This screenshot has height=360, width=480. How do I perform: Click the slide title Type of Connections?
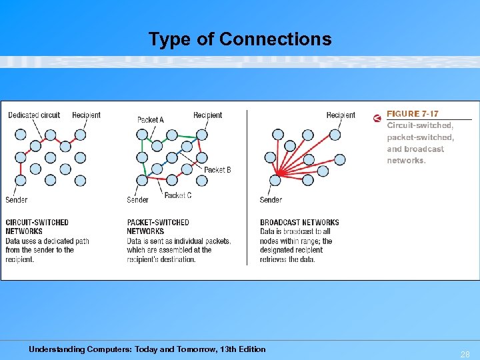click(x=240, y=39)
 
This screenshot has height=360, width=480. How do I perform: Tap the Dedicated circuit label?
click(x=34, y=115)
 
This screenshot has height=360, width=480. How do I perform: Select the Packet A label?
click(x=150, y=120)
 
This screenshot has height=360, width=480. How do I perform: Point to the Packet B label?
click(x=217, y=170)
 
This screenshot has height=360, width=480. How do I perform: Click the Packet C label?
click(x=177, y=195)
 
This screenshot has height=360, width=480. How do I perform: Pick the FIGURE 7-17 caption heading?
click(x=413, y=114)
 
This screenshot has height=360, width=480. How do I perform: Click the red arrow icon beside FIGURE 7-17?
click(x=377, y=119)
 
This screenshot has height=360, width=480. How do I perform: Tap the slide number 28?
click(x=465, y=355)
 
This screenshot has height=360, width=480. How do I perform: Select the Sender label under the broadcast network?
click(x=271, y=200)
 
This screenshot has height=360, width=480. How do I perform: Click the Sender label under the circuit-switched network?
click(x=17, y=200)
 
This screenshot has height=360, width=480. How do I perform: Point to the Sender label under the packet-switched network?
click(x=137, y=200)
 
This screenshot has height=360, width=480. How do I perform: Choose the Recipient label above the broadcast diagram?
click(x=341, y=115)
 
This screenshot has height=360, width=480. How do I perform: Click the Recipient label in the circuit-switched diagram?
click(x=86, y=115)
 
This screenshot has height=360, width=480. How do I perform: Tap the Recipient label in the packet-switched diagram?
click(x=207, y=115)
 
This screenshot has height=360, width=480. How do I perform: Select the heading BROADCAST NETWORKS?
click(x=299, y=223)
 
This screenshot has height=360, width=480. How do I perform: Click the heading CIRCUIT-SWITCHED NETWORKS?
click(x=37, y=227)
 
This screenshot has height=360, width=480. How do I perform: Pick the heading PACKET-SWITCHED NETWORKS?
click(x=158, y=227)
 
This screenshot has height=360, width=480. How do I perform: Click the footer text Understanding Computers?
click(x=147, y=349)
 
